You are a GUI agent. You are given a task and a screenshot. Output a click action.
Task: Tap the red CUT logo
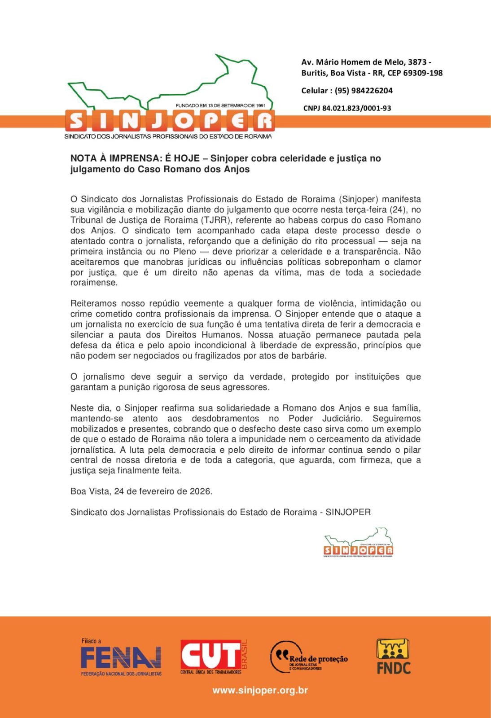coord(211,656)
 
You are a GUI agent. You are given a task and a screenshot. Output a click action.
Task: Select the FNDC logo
coord(394,656)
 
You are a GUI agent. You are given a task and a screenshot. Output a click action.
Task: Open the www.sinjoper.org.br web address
coord(260,690)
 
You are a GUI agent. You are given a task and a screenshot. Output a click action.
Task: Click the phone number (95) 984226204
coord(364,91)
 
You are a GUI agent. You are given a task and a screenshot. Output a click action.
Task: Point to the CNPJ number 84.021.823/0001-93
coord(356,108)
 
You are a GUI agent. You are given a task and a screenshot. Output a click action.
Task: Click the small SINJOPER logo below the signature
coord(358,543)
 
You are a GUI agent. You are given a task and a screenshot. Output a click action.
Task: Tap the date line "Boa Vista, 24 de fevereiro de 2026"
coord(141,491)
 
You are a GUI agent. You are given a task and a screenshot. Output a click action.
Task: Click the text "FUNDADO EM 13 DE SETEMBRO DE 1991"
coord(220,105)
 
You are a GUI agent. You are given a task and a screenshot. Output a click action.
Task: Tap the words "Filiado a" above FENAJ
coord(91,641)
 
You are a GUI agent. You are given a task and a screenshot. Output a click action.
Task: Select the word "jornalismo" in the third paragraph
coord(104,377)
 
